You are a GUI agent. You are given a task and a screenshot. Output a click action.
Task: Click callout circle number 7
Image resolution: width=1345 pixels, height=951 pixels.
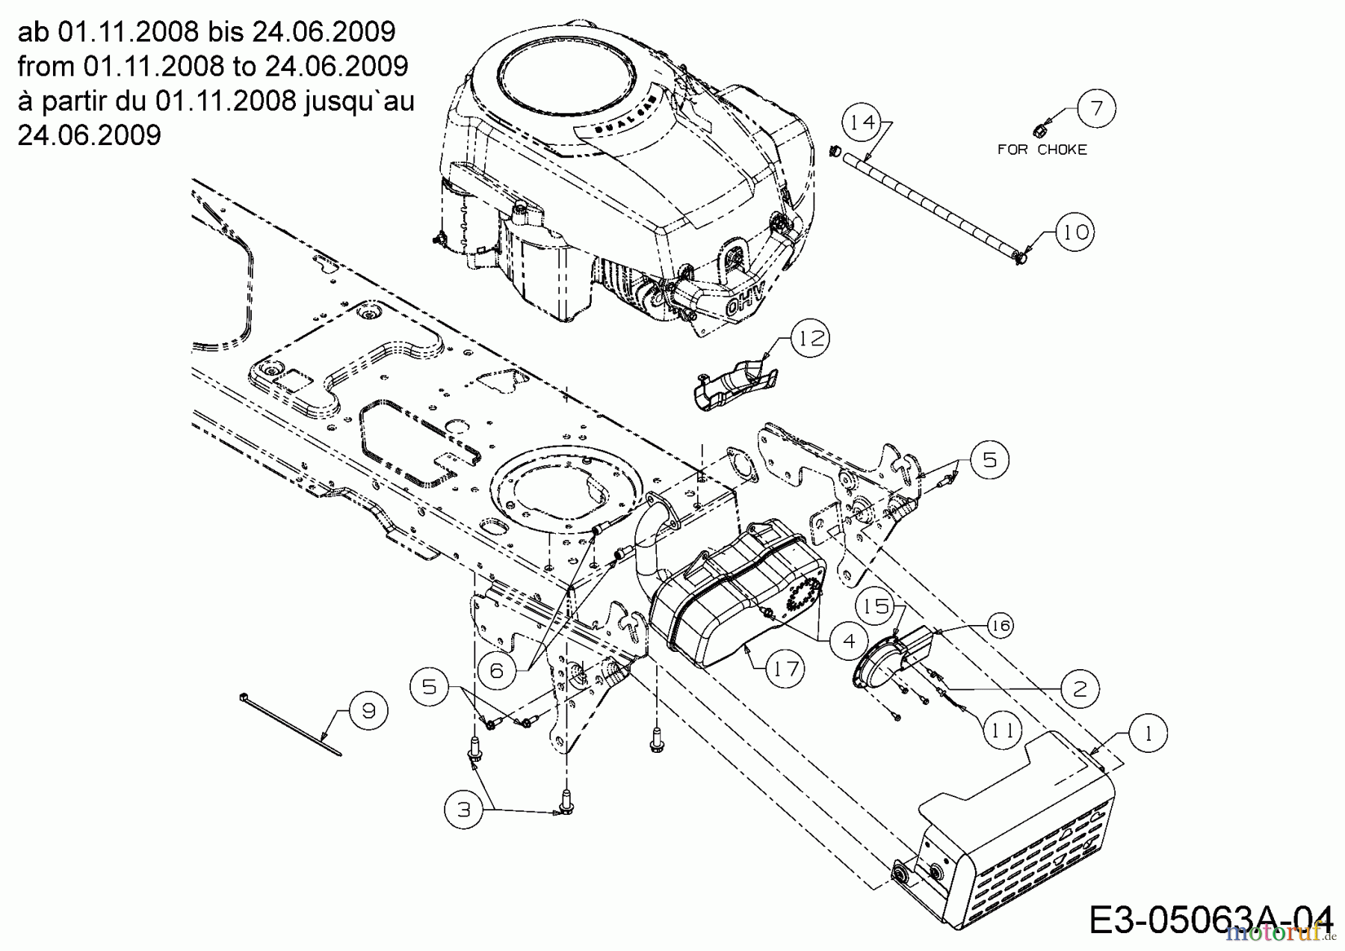pos(1096,108)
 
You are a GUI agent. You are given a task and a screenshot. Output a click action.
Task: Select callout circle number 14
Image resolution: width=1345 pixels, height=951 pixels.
pos(862,122)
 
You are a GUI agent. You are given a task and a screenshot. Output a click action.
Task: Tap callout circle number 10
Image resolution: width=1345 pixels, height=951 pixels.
pos(1075,232)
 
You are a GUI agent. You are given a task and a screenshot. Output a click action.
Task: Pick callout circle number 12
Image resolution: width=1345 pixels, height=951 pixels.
pos(811,339)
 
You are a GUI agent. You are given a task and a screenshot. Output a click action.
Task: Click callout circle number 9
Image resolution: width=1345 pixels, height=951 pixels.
pos(368,710)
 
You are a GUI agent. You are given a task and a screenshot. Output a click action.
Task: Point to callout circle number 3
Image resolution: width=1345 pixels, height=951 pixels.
pos(464,810)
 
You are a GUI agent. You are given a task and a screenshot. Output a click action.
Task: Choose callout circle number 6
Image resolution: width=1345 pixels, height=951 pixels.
pos(497,671)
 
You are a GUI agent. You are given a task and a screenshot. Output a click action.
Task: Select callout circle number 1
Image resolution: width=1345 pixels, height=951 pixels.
pos(1148,733)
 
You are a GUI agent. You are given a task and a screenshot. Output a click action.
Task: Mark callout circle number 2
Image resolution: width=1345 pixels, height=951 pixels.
pos(1080,688)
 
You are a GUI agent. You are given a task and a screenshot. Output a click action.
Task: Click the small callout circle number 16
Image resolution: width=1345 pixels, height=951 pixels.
pos(1001,625)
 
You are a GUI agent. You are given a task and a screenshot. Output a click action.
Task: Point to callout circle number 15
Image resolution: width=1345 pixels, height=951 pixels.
pos(876,606)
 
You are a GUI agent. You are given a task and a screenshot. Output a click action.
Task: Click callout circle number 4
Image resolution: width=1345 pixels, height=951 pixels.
pos(848,641)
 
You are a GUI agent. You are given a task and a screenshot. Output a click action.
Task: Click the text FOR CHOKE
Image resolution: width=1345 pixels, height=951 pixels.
pos(1042,150)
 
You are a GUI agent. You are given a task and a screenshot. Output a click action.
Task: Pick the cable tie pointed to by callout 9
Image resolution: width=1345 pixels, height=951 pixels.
pos(291,726)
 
